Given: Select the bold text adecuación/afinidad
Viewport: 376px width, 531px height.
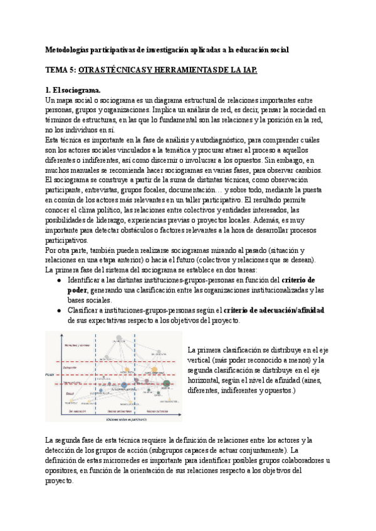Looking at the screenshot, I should click(286, 310).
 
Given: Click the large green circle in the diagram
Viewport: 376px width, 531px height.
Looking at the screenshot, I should click(167, 384).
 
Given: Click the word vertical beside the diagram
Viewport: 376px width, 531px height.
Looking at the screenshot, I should click(202, 361).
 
